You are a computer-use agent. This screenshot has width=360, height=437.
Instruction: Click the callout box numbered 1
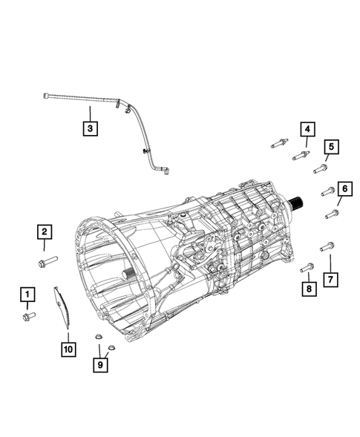pos(27,297)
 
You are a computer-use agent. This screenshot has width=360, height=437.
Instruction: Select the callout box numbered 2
pos(45,234)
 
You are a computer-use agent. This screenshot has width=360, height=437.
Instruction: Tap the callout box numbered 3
pos(89,130)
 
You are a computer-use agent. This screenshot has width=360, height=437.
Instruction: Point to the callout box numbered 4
pos(306,131)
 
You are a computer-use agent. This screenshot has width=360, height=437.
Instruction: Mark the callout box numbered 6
pos(343,190)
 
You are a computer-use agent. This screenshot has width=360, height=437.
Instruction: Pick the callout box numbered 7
pos(331,279)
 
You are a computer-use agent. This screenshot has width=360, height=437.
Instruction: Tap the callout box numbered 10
pos(68,347)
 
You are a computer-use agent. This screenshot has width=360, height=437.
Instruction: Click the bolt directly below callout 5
pos(321,168)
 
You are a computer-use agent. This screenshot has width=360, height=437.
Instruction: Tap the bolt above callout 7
pos(327,246)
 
